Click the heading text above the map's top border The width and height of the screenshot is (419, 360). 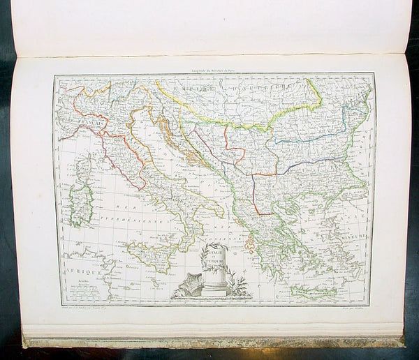213,70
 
